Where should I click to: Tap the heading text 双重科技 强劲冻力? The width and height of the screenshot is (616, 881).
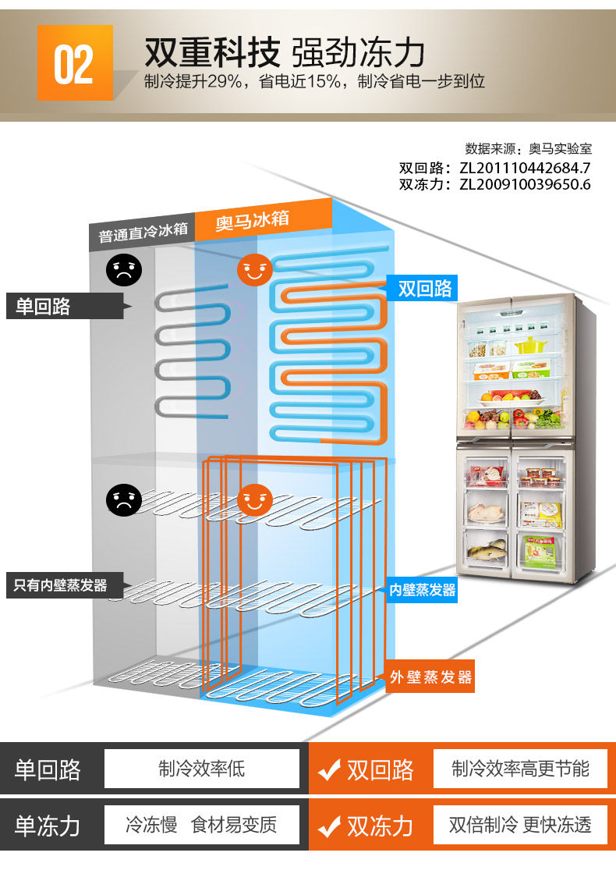284,53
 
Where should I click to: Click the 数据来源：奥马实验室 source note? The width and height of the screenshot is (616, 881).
528,149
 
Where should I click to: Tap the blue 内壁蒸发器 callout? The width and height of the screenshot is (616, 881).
423,590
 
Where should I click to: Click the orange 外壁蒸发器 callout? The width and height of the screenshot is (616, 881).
431,677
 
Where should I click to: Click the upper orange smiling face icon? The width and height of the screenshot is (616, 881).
254,271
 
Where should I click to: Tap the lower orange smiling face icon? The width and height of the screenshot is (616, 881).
254,499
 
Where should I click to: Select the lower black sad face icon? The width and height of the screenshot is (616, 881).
124,499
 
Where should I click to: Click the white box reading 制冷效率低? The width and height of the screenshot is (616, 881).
202,769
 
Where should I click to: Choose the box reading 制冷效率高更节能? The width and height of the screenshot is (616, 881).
521,769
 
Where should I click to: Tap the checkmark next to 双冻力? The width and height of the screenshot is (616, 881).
329,826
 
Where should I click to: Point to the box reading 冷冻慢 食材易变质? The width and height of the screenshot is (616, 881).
202,825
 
